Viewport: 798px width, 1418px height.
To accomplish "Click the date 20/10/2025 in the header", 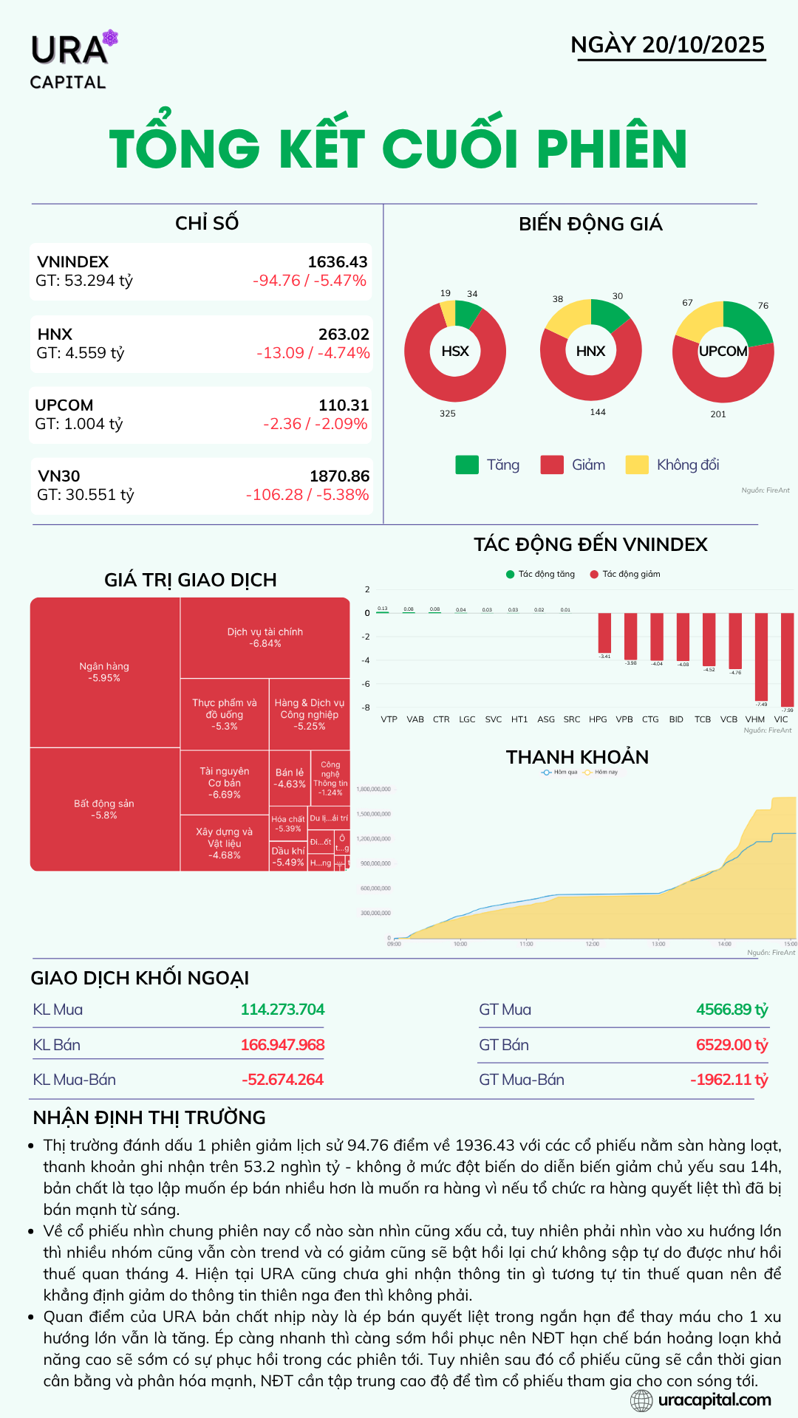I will pos(703,45).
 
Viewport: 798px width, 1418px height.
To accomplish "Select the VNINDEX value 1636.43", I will pos(337,262).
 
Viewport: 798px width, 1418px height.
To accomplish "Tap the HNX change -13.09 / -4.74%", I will pos(313,353).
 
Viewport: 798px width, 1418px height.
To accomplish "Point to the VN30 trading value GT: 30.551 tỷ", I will pos(86,495).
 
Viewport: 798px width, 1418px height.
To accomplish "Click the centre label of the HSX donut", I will pos(455,352).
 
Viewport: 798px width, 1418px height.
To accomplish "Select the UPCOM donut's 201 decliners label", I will pos(718,414).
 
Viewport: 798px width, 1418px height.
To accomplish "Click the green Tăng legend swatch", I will pos(467,465).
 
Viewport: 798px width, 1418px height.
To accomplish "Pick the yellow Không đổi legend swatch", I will pos(637,465).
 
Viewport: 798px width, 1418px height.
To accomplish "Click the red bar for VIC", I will pos(787,659).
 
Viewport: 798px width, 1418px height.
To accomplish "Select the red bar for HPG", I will pos(604,633).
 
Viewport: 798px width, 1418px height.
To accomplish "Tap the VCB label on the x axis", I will pos(729,719).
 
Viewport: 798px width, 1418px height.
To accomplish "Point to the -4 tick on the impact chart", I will pos(366,660).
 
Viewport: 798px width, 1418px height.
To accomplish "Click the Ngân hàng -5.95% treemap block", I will pos(104,672).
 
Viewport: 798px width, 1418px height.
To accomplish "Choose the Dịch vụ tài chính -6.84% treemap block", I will pos(265,637).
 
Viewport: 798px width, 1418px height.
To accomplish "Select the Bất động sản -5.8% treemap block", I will pos(104,809).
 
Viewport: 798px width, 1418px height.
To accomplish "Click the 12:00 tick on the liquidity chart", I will pos(593,944).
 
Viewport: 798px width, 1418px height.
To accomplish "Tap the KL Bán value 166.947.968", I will pos(282,1045).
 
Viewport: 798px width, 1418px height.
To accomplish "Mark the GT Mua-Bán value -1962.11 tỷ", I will pos(729,1080).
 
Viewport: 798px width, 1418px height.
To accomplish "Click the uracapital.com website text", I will pos(714,1400).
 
